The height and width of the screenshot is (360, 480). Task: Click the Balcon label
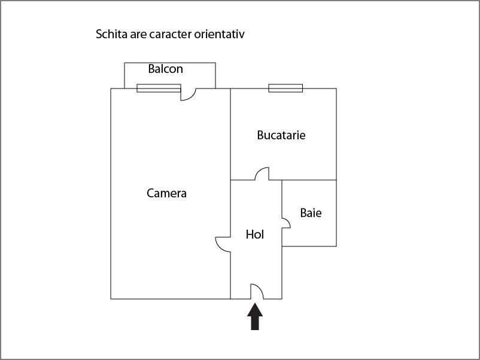(x=165, y=69)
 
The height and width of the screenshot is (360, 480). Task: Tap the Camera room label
(x=166, y=193)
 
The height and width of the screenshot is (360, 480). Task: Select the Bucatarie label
(x=281, y=135)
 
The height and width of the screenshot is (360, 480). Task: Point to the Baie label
(x=311, y=212)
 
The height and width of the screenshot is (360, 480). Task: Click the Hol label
(x=255, y=234)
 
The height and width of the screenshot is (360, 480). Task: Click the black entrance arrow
(x=255, y=317)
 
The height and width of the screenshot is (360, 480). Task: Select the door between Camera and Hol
(x=223, y=243)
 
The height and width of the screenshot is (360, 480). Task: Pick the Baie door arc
(x=286, y=223)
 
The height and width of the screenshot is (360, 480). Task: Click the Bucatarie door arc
(x=262, y=173)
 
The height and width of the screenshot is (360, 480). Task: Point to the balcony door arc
(x=189, y=94)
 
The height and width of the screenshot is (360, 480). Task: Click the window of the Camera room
(x=159, y=89)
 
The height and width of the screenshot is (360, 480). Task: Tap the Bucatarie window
(x=285, y=89)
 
